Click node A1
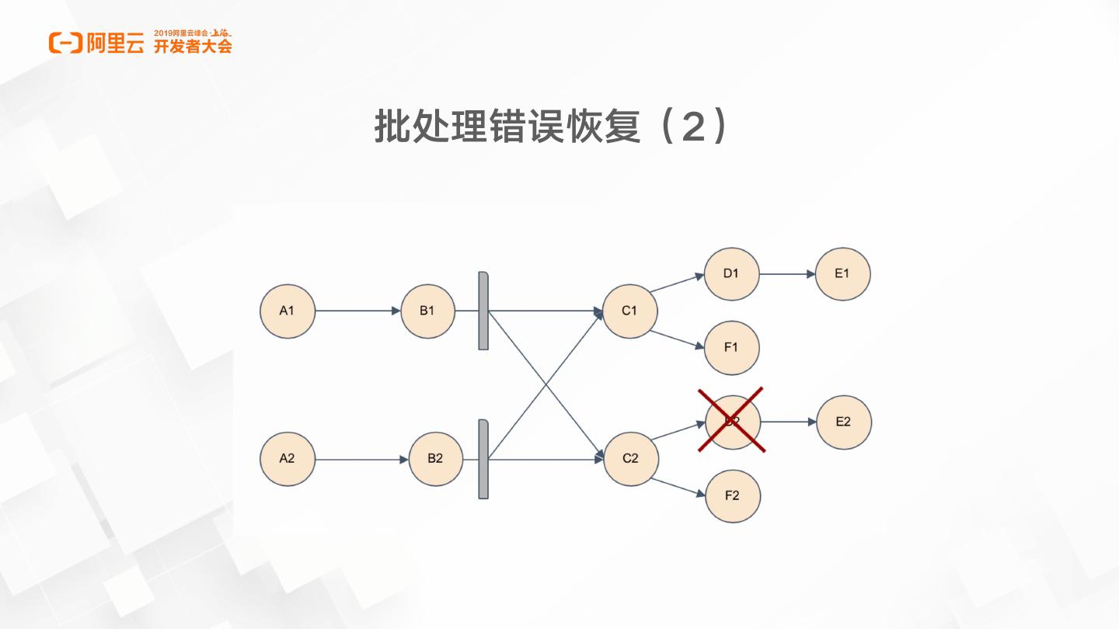point(288,311)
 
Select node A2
point(288,459)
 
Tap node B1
point(427,311)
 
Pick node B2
point(435,459)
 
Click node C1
point(629,311)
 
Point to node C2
point(630,459)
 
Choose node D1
point(731,274)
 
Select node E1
point(842,274)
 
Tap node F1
point(731,348)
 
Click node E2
point(843,422)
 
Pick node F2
point(732,496)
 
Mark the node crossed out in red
point(731,421)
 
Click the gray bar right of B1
point(483,311)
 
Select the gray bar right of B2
point(483,459)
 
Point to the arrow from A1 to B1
point(357,311)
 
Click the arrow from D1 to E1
point(786,274)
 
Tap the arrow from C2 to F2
point(678,487)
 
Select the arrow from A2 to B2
point(361,460)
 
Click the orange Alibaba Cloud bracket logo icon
point(65,43)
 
